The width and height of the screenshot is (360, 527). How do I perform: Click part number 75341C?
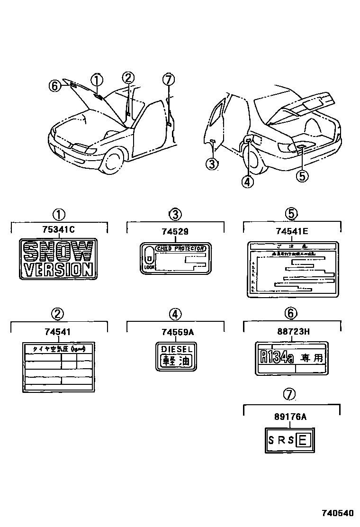tap(59, 230)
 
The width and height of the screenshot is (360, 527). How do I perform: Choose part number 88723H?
tap(292, 331)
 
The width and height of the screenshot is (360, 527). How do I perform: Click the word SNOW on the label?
tap(58, 252)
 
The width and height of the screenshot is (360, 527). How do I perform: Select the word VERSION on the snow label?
tap(59, 270)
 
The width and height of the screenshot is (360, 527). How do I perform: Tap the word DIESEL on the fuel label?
tap(176, 349)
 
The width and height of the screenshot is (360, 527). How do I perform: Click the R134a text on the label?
tap(277, 357)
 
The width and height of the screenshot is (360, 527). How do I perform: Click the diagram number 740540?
tap(338, 513)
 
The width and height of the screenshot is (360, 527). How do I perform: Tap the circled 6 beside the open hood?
tap(55, 86)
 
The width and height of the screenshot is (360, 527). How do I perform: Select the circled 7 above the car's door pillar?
tap(168, 79)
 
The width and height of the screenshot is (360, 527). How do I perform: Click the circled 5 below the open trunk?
tap(302, 176)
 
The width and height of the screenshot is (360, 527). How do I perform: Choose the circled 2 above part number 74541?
tap(57, 313)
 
